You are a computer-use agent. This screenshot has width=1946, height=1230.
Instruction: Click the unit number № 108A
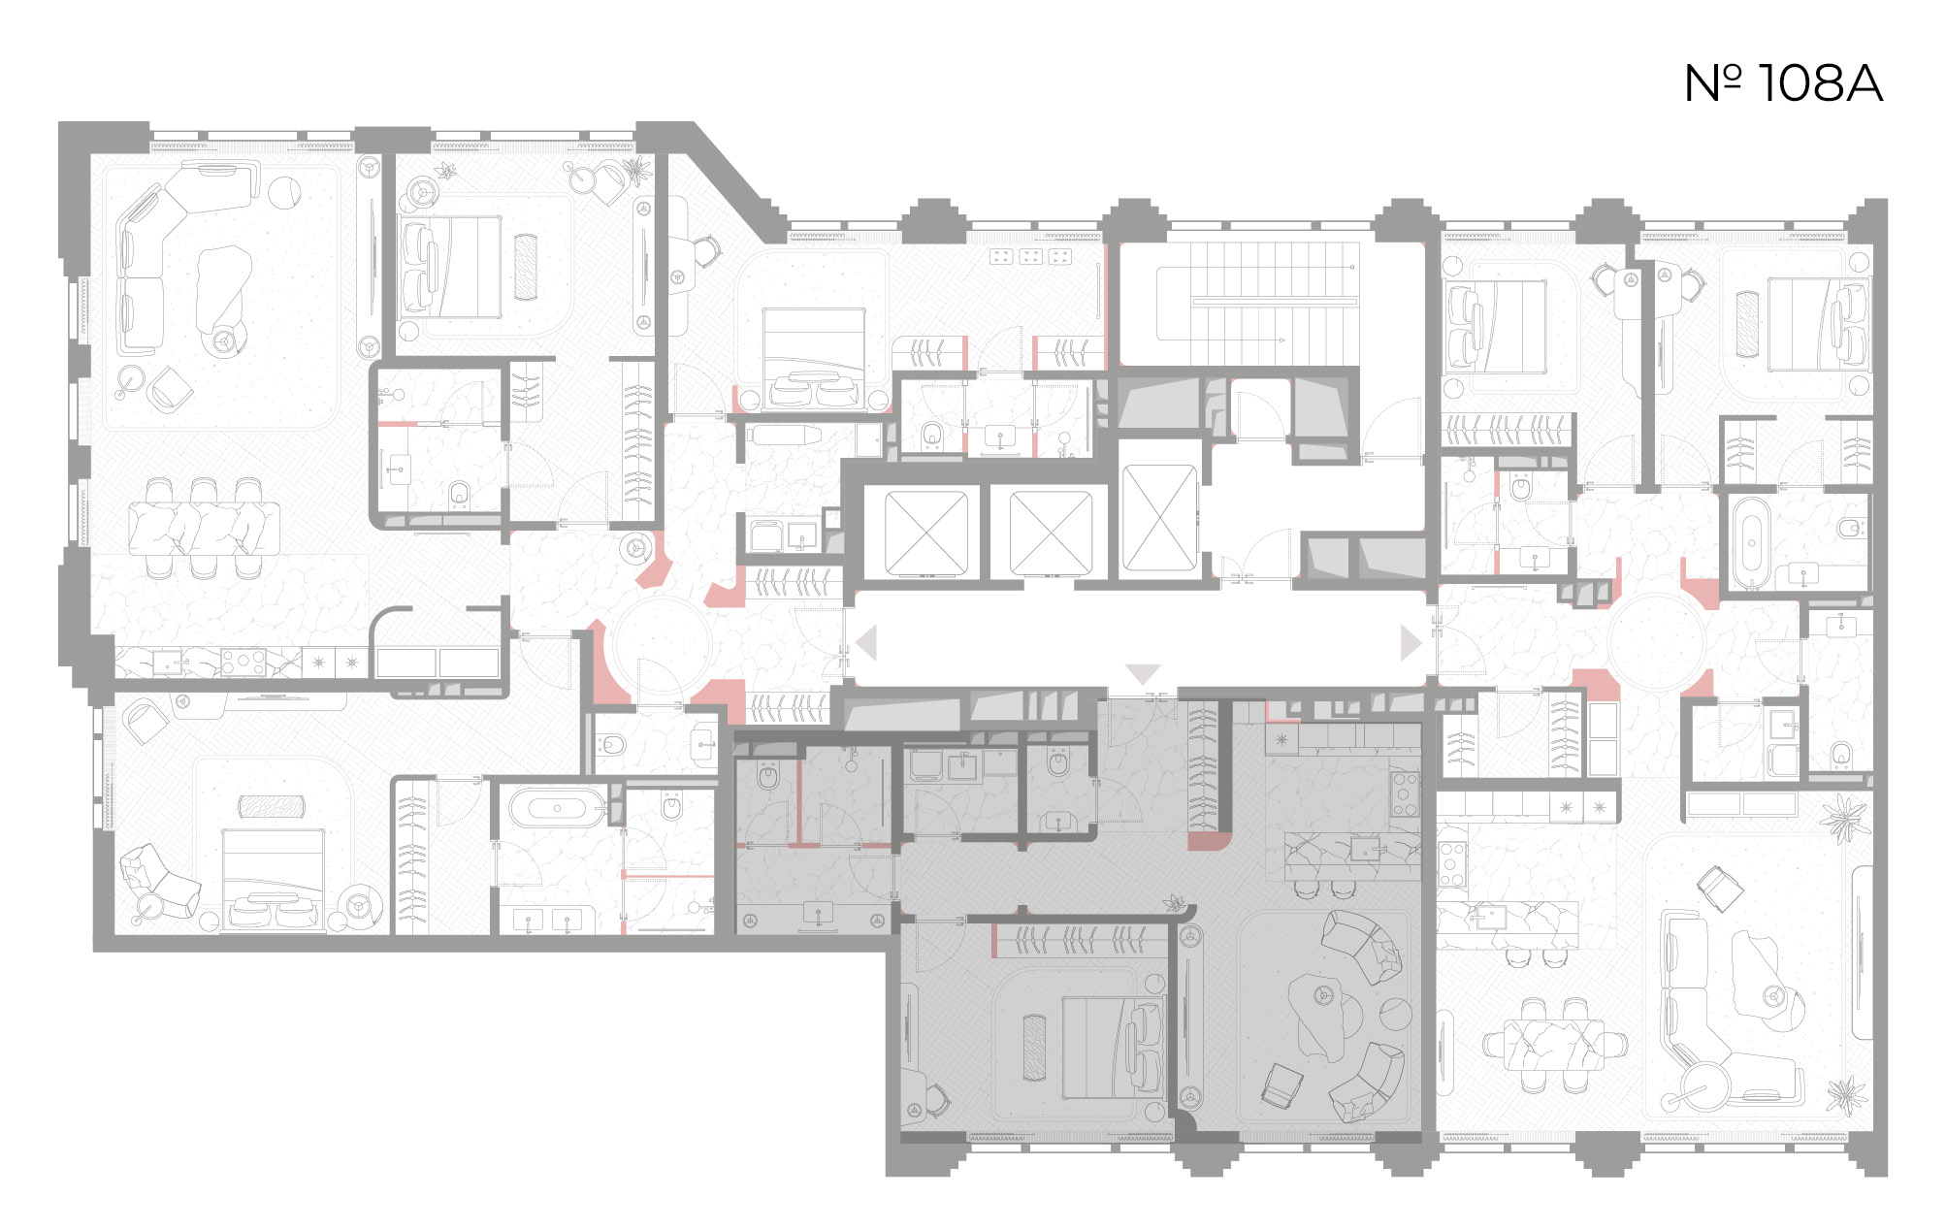(1783, 83)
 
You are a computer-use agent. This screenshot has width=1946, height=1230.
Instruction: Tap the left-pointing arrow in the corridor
(866, 642)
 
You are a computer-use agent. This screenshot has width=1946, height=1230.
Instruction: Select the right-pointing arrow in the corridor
(1411, 642)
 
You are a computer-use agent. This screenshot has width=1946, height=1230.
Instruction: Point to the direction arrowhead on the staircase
(1281, 340)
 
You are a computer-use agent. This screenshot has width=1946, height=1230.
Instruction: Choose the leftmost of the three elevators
(926, 533)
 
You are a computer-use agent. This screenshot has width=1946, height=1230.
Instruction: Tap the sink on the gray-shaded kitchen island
(1366, 850)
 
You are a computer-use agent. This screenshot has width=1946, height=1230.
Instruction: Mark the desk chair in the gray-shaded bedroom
(935, 1097)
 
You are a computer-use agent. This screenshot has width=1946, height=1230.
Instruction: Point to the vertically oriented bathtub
(1751, 542)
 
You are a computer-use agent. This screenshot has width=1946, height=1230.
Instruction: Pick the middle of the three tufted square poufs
(1031, 257)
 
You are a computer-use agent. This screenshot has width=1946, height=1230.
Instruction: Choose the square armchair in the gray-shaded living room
(1282, 1085)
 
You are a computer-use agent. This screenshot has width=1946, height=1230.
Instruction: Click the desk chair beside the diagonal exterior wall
(707, 250)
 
